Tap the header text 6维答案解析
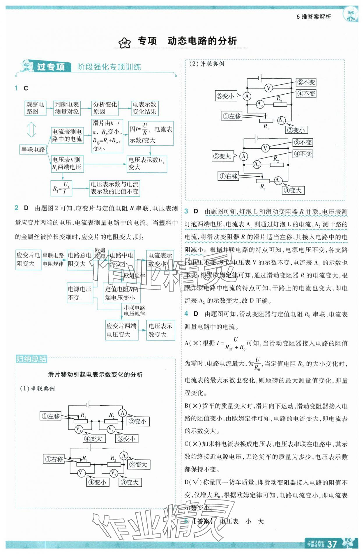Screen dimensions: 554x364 point(314,17)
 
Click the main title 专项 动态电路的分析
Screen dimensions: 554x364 point(187,41)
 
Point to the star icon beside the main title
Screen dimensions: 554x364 point(125,43)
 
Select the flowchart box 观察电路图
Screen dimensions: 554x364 point(35,108)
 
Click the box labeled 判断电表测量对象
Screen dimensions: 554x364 point(67,108)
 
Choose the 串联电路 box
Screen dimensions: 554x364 point(33,150)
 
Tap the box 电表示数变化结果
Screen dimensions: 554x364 point(144,108)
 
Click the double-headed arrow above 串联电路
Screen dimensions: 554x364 point(31,130)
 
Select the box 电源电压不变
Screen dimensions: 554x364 point(80,293)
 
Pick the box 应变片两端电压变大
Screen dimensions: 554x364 point(121,330)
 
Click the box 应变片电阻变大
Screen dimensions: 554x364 point(28,260)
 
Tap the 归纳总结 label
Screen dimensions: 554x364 point(31,359)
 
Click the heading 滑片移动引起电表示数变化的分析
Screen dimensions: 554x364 point(95,374)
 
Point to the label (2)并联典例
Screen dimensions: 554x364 point(207,64)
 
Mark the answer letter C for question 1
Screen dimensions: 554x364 point(26,88)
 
